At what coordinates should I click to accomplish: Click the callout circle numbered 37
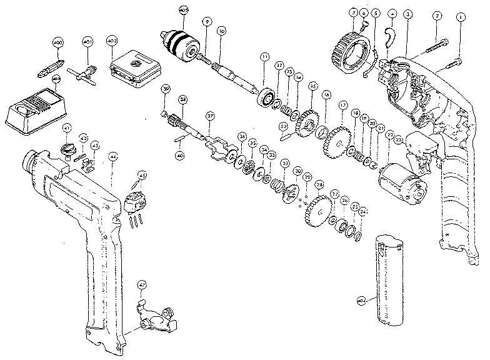pos(211,116)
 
